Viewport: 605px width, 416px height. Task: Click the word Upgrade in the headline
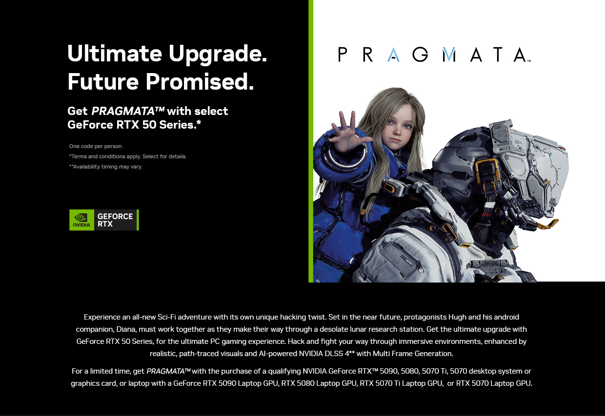coord(218,54)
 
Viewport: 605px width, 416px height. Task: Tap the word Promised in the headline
coord(200,81)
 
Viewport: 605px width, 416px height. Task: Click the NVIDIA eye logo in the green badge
coord(81,217)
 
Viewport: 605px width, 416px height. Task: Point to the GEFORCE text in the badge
coord(115,216)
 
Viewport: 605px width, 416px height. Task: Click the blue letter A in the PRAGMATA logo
coord(393,55)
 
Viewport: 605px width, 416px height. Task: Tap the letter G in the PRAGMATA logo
coord(420,55)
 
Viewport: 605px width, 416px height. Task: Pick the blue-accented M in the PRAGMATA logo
coord(449,55)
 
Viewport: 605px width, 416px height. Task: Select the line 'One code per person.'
coord(96,146)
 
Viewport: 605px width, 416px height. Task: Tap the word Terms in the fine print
coord(79,156)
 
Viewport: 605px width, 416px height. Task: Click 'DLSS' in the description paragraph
coord(334,354)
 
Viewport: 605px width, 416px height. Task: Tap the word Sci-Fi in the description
coord(167,317)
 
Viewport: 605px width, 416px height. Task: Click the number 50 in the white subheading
coord(149,125)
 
